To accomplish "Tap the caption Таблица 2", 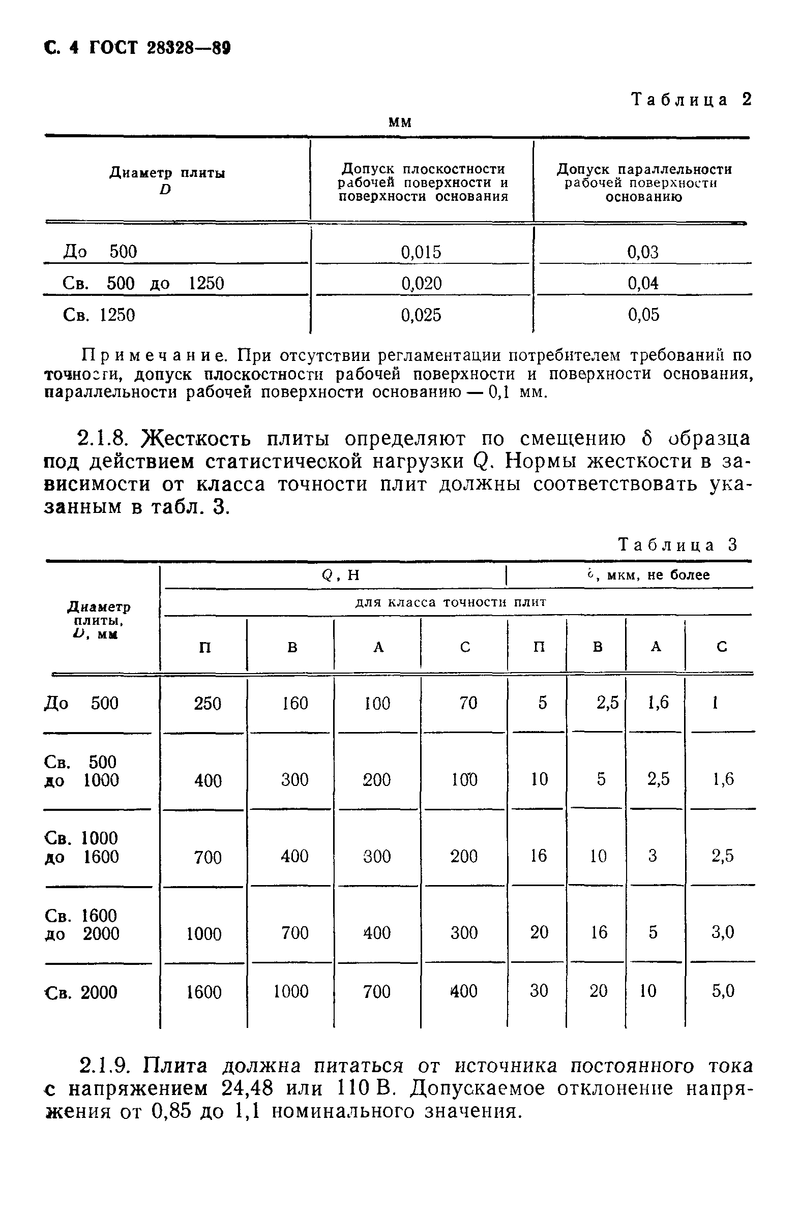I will point(692,99).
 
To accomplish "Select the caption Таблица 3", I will point(678,544).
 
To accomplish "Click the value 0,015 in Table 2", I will point(421,252).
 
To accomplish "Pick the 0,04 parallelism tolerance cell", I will point(643,283).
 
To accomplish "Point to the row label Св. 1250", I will point(99,315).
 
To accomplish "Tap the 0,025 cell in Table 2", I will point(421,315).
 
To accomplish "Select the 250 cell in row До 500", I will point(208,704).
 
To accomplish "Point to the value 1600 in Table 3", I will point(204,992).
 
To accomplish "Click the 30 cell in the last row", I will point(539,991).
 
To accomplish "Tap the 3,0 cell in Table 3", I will point(722,933).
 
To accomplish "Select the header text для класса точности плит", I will point(451,602).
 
